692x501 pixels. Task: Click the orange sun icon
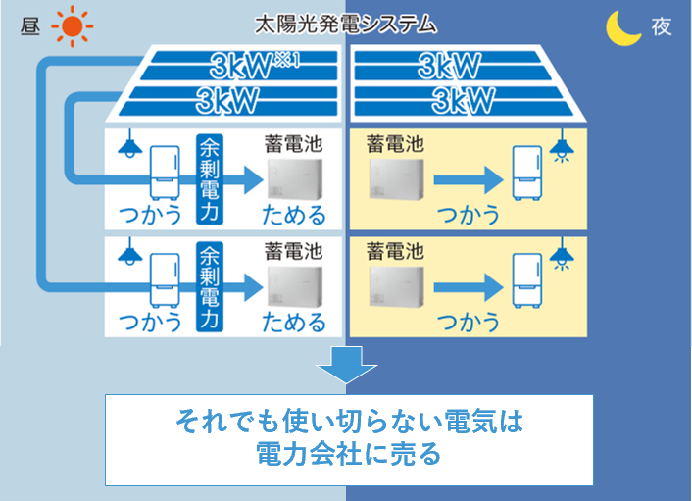point(71,26)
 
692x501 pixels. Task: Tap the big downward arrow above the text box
point(345,366)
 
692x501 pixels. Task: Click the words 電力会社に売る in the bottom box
point(348,454)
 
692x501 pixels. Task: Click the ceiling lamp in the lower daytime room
point(126,255)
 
